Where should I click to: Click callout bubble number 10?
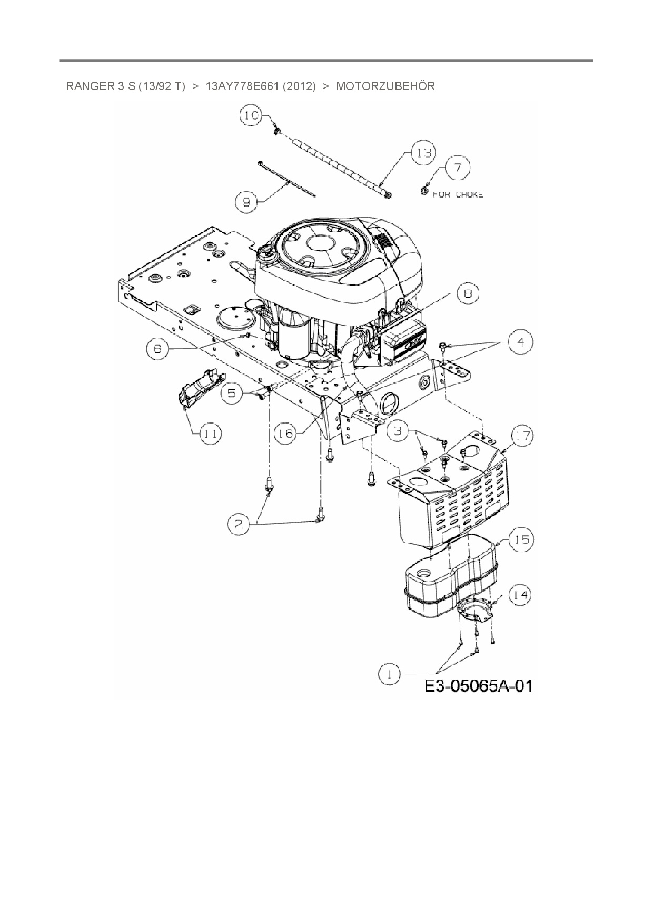click(251, 115)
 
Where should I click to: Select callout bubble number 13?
click(423, 153)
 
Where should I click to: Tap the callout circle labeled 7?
click(458, 168)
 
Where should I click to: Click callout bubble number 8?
click(467, 294)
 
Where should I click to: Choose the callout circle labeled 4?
click(520, 342)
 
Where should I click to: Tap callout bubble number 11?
click(210, 434)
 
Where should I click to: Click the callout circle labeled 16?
click(286, 433)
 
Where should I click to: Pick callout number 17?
click(522, 436)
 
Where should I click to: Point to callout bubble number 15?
click(522, 539)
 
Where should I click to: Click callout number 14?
click(519, 595)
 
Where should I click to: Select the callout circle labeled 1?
click(390, 674)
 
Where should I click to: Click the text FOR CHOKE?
click(458, 194)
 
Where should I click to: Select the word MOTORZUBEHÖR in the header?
click(385, 86)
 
